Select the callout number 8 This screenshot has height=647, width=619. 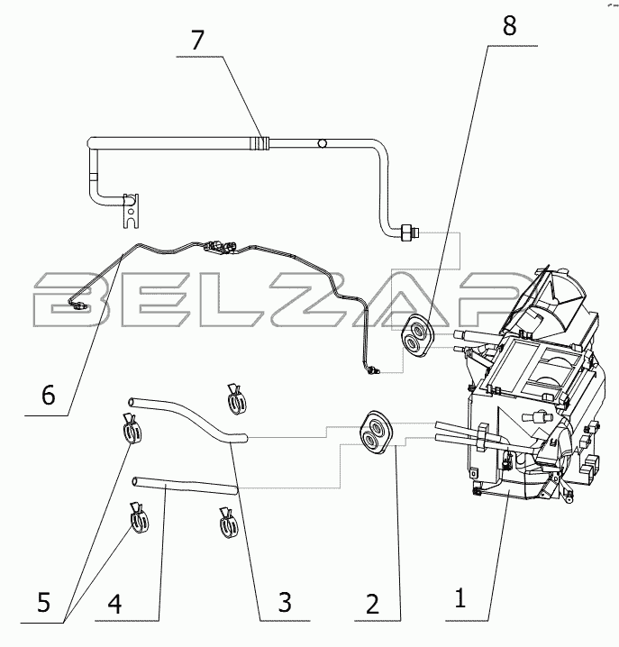509,25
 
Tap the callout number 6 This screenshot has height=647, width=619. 48,395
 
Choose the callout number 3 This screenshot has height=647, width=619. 284,602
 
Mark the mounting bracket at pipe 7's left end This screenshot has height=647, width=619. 131,208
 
